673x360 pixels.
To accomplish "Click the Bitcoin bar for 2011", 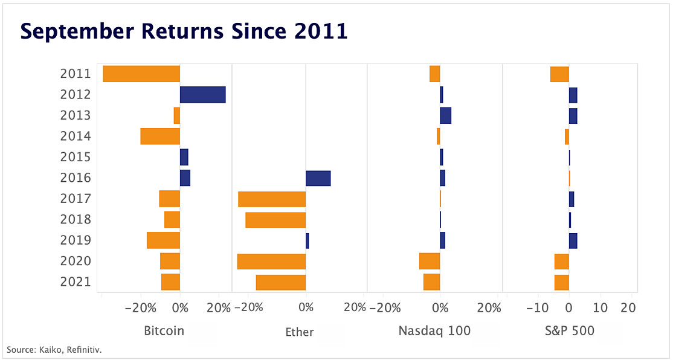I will pos(141,74).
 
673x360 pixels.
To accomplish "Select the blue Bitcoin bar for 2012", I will pos(202,94).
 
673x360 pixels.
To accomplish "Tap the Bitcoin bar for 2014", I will pos(160,136).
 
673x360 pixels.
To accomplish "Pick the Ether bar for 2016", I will pos(318,178).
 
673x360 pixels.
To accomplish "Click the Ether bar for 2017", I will pos(272,199).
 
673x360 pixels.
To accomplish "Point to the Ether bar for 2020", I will pos(271,261).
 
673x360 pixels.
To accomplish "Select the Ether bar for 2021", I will pos(281,282).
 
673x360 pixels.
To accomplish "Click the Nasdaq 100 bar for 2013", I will pos(445,115).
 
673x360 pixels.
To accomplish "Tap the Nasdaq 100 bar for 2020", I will pos(430,261).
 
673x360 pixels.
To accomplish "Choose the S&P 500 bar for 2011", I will pos(559,74).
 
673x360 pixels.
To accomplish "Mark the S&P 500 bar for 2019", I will pos(573,240).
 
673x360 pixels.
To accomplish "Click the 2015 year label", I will pos(76,157).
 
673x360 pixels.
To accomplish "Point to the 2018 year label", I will pos(76,219).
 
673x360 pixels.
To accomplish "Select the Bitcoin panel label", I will pos(164,331).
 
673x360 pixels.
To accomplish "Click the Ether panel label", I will pos(299,332).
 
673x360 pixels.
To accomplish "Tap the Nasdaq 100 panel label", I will pos(434,331).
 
